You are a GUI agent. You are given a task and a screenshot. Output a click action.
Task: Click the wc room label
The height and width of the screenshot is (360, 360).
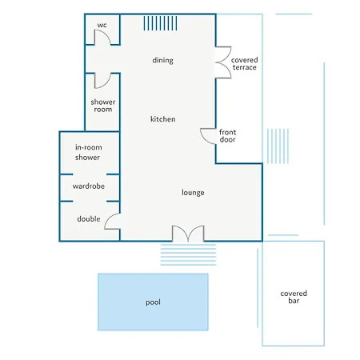point(102,26)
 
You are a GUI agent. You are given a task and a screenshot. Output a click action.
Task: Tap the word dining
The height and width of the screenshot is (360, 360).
point(162,60)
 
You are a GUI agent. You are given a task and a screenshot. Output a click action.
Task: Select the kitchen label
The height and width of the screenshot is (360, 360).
point(162,119)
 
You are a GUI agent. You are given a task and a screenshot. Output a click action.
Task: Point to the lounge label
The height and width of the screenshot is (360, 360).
point(193,193)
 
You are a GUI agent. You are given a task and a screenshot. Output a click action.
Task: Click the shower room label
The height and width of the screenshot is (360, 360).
point(103,106)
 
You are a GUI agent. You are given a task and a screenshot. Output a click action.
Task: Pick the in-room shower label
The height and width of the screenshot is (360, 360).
point(88,152)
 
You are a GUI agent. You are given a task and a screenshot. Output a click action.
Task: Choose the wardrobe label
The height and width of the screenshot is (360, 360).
point(89,186)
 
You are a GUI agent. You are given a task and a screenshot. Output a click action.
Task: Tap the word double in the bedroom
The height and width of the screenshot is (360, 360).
point(89,219)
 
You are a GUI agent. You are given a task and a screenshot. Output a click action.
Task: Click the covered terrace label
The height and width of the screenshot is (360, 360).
point(244,64)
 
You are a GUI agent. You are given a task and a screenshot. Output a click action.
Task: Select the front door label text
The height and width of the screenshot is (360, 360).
point(227,136)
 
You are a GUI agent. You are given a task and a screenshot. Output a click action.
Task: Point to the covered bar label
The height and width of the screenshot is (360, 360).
point(294,297)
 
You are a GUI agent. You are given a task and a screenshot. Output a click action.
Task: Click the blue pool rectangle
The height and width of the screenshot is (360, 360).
point(153,302)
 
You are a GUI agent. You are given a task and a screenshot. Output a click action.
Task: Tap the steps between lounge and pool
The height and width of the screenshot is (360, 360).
point(188,254)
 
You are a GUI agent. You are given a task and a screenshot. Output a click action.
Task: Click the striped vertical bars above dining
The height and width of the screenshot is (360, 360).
point(160,23)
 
